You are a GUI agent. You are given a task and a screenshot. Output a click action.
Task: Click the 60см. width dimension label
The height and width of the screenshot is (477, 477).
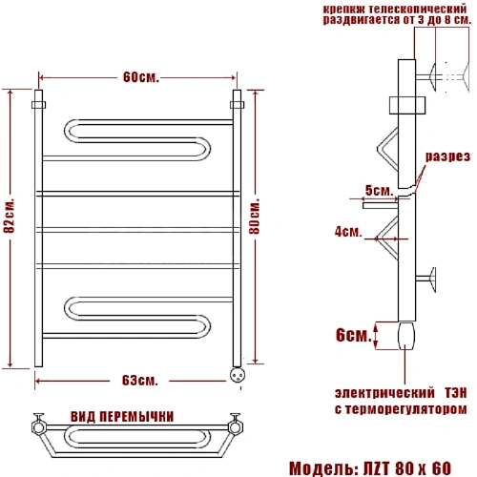(141, 77)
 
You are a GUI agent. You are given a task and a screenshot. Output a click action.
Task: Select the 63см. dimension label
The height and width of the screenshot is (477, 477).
(140, 381)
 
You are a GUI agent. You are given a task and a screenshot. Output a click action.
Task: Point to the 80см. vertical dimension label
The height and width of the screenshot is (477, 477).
(255, 217)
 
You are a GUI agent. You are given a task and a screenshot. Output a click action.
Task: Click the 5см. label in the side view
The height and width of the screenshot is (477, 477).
(379, 190)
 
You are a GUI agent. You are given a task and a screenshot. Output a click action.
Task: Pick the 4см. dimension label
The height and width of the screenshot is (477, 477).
(348, 231)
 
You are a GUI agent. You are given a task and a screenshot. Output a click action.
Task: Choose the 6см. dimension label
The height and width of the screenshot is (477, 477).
(354, 335)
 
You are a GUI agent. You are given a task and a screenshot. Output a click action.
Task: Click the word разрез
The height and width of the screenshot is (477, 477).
(447, 156)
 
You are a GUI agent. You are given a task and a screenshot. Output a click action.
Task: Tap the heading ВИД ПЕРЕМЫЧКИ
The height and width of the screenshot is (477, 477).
(122, 417)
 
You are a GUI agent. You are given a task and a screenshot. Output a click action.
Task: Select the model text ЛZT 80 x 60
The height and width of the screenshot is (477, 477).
(407, 468)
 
